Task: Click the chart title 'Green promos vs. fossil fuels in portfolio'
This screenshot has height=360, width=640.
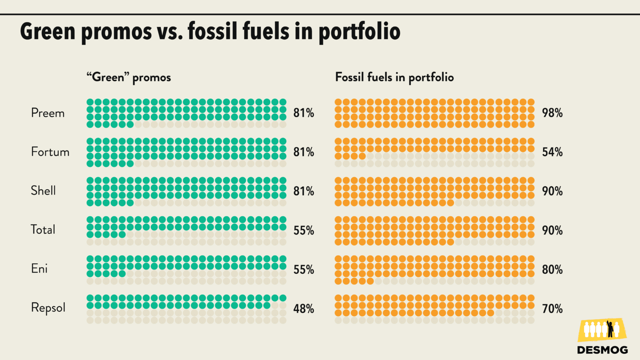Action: click(210, 32)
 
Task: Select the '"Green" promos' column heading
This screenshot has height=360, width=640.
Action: click(129, 77)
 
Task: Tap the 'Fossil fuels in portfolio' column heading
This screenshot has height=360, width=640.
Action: click(394, 77)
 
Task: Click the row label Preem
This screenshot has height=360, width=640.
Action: click(48, 113)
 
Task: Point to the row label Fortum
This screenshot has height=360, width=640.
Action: click(50, 152)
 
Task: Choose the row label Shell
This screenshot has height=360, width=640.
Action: click(43, 191)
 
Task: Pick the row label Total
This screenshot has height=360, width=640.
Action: click(43, 230)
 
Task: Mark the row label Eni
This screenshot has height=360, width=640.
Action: click(40, 269)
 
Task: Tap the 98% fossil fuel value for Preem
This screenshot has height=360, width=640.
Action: click(552, 113)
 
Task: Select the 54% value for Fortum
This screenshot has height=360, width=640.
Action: click(552, 152)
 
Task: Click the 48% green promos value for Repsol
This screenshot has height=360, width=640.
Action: click(303, 309)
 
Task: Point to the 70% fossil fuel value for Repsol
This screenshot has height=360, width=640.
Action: click(552, 309)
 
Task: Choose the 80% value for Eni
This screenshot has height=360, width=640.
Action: click(552, 270)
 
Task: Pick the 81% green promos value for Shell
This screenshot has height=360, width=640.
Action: click(303, 191)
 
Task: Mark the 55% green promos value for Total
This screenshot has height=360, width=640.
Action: click(303, 230)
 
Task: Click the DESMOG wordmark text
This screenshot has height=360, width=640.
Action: click(602, 350)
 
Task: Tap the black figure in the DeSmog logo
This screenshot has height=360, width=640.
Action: click(610, 329)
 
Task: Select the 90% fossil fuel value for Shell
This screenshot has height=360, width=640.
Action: click(552, 191)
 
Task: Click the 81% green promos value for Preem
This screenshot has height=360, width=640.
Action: click(303, 113)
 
